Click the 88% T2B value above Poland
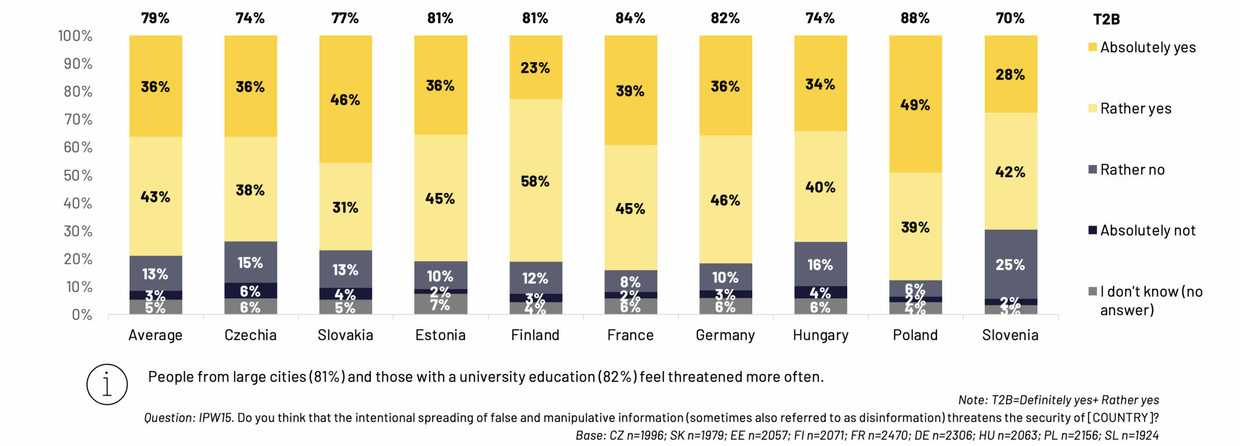point(914,18)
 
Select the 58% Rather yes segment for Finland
point(535,181)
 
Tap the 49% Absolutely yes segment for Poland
point(915,104)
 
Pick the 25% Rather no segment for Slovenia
point(1010,264)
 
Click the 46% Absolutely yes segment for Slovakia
point(345,99)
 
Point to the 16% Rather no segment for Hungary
point(820,264)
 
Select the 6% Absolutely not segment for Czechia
point(250,291)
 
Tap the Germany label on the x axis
point(725,335)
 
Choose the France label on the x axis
point(630,335)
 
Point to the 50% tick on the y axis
point(77,175)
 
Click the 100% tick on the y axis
point(75,36)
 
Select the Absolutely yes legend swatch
point(1092,47)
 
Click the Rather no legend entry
point(1132,169)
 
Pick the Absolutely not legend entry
point(1147,230)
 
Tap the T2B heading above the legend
point(1106,19)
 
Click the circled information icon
point(107,384)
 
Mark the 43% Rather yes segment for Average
point(155,196)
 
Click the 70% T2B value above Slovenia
point(1010,18)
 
